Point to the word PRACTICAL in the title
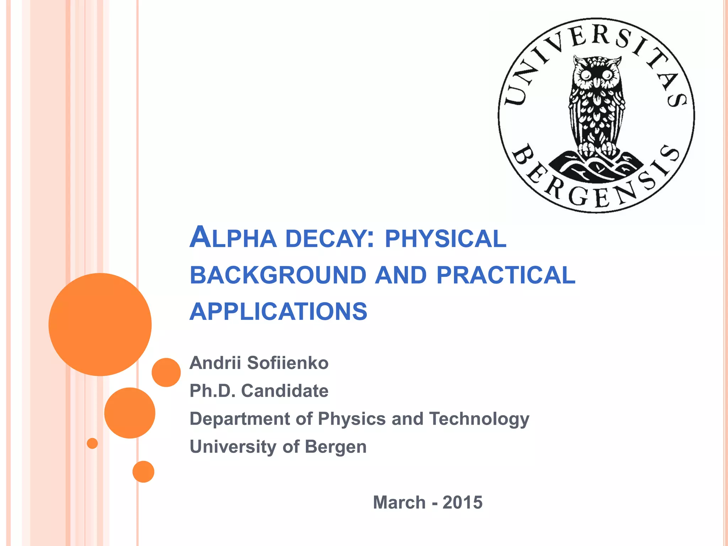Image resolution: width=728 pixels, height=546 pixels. (505, 275)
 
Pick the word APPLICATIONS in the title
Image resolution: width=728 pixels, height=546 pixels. (278, 311)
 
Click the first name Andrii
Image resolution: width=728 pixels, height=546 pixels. (215, 363)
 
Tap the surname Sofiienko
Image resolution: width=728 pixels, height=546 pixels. (288, 363)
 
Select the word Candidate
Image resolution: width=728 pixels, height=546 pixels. (285, 391)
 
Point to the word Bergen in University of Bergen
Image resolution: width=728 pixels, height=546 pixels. (336, 446)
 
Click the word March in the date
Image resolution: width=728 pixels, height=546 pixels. (399, 502)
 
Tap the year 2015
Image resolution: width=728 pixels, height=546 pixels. (462, 502)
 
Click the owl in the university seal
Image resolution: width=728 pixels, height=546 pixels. (596, 107)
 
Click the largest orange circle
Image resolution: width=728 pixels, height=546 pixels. (100, 324)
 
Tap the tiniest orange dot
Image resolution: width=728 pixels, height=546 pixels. (92, 443)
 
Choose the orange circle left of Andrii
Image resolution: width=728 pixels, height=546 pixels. (166, 372)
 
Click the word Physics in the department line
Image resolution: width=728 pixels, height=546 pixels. (352, 419)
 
